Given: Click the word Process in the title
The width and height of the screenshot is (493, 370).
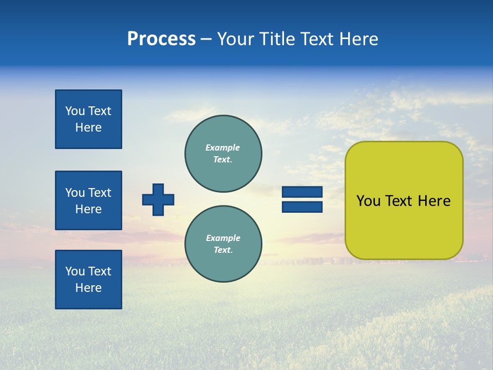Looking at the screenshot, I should click(x=161, y=39).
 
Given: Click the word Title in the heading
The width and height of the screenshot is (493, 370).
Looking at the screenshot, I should click(x=276, y=39).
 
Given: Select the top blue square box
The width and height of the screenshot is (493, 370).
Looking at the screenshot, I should click(x=88, y=119).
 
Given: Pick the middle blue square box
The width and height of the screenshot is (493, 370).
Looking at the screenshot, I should click(x=88, y=200).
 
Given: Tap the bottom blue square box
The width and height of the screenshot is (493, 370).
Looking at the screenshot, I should click(x=88, y=280).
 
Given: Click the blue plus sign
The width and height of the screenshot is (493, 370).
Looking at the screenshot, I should click(x=158, y=199).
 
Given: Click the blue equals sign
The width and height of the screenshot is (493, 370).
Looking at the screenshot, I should click(x=302, y=199).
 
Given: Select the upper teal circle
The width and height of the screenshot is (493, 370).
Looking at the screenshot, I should click(x=223, y=153).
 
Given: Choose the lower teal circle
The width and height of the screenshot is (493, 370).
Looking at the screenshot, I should click(x=223, y=244).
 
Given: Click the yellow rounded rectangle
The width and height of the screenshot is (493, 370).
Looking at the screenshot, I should click(x=404, y=200).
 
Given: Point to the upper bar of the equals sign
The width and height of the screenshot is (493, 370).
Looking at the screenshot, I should click(x=302, y=192).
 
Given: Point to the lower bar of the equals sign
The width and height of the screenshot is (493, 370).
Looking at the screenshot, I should click(x=302, y=207).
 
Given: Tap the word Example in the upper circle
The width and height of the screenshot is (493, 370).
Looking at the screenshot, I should click(x=223, y=147).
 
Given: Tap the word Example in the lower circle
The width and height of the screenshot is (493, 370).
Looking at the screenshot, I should click(x=223, y=238).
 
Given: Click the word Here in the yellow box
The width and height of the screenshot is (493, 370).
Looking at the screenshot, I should click(x=434, y=201).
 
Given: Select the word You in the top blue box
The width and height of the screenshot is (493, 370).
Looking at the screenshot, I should click(x=74, y=111).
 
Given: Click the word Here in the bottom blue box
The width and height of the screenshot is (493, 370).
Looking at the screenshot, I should click(x=88, y=288).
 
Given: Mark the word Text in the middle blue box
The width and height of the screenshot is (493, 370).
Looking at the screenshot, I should click(x=99, y=193).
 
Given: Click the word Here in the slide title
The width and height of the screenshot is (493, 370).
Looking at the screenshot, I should click(x=358, y=39).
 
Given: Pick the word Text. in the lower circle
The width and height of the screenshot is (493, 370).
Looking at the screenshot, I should click(x=223, y=250).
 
